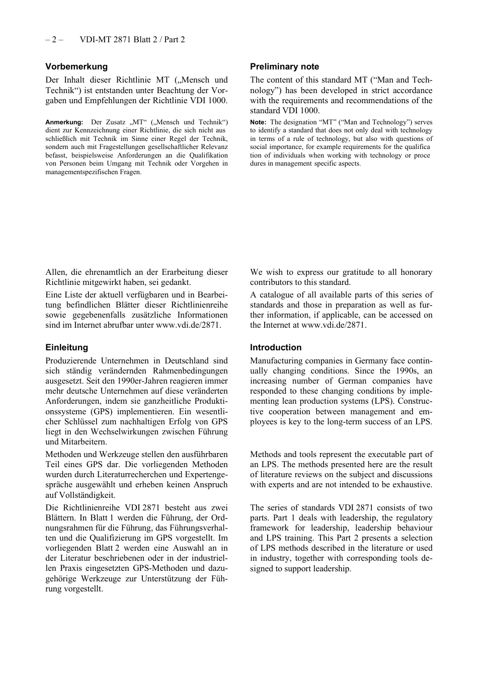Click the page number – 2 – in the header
[54, 39]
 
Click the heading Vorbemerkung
[76, 66]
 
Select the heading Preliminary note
[284, 66]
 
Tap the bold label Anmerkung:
[64, 122]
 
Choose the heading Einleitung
[66, 347]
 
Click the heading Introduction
[276, 347]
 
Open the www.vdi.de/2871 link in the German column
[188, 325]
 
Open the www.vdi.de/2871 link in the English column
[333, 325]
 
